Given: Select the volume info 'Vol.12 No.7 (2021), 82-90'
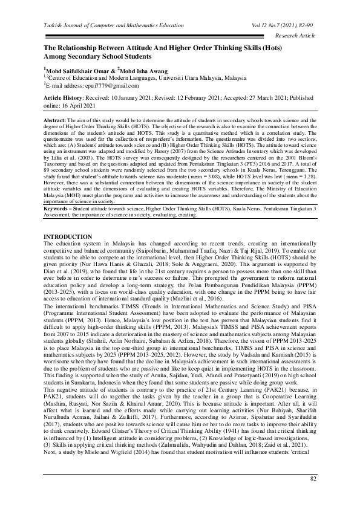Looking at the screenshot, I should point(282,23).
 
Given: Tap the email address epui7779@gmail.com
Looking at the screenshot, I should point(97,86).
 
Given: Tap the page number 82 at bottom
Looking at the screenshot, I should point(313,496).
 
